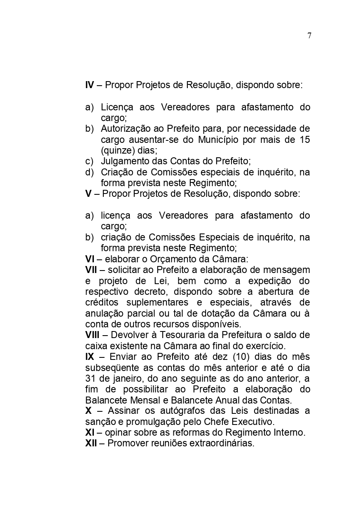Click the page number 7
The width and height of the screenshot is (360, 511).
pos(309,36)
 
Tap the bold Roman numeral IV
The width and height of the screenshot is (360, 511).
pos(89,86)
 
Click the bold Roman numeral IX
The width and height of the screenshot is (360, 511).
pos(89,357)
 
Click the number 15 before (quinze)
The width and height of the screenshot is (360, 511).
pos(305,140)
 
